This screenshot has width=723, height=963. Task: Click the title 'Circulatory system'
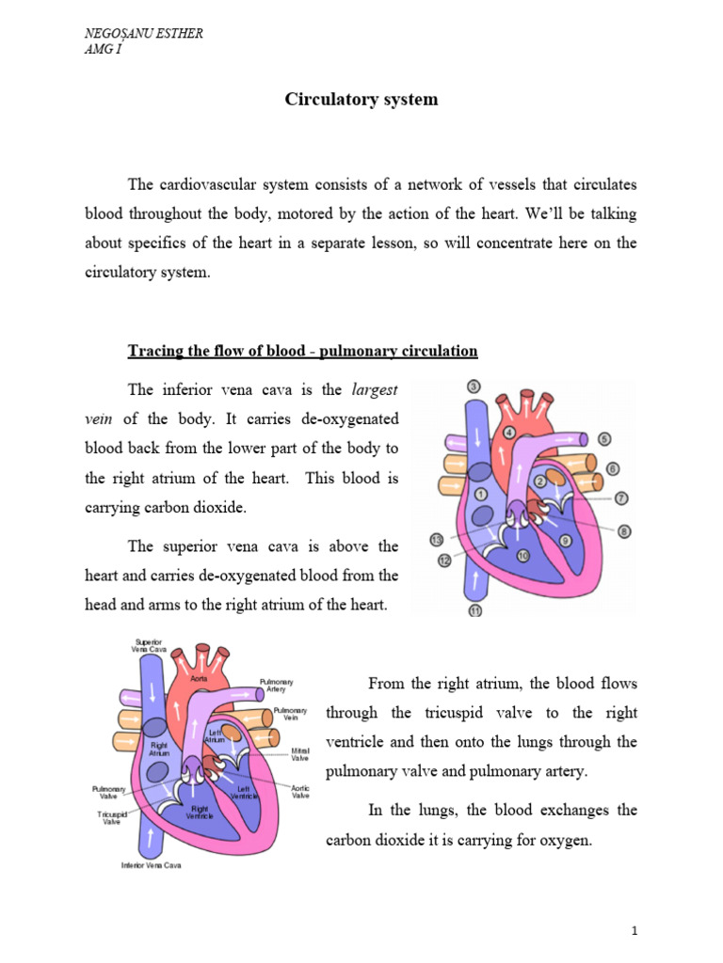(x=361, y=99)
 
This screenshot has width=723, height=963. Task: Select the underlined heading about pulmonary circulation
(x=302, y=351)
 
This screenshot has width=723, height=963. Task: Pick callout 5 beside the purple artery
(x=603, y=438)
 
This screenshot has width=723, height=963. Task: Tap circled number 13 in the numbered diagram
(x=436, y=540)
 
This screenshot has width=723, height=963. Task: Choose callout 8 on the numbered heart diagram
(x=624, y=531)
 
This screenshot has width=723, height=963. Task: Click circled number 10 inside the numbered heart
(x=522, y=556)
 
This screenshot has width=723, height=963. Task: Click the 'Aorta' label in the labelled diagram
(x=199, y=677)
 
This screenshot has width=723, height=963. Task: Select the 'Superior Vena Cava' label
(x=149, y=645)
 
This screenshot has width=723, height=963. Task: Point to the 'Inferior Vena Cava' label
(x=151, y=865)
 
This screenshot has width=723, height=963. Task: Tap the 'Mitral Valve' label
(x=301, y=755)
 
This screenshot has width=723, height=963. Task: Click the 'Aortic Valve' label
(x=300, y=792)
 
